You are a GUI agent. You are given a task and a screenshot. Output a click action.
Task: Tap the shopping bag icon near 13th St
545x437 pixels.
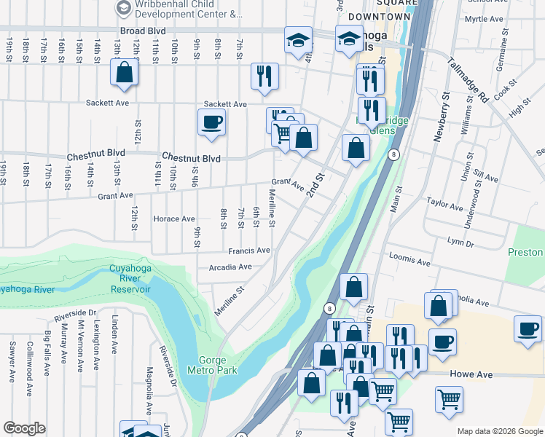pyautogui.click(x=125, y=72)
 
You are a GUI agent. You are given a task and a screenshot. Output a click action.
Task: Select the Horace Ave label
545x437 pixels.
pyautogui.click(x=174, y=219)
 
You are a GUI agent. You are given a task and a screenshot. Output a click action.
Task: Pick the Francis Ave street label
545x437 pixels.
pyautogui.click(x=248, y=251)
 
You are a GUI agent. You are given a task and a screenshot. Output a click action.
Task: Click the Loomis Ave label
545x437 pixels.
pyautogui.click(x=410, y=260)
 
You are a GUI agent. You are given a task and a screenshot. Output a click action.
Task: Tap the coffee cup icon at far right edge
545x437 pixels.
pyautogui.click(x=528, y=328)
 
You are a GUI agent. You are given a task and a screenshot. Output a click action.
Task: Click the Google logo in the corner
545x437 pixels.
pyautogui.click(x=24, y=428)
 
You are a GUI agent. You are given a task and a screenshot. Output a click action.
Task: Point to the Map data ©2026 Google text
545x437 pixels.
pyautogui.click(x=500, y=431)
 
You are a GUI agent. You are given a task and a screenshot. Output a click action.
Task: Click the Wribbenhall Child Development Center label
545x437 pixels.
pyautogui.click(x=179, y=9)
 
